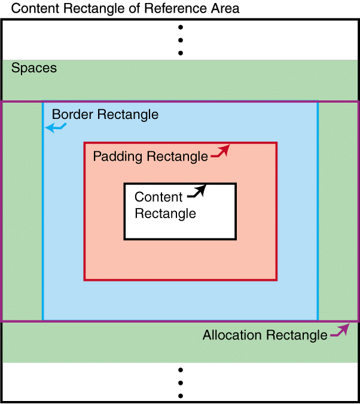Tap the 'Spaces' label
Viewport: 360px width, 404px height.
tap(34, 68)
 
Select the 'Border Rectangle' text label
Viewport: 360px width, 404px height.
tap(105, 114)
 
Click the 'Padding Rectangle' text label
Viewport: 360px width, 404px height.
tap(150, 157)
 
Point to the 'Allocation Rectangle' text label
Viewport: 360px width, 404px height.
tap(264, 335)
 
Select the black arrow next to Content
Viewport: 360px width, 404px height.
tap(197, 192)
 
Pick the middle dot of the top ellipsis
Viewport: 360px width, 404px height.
tap(180, 40)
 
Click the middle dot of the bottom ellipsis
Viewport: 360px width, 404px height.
tap(180, 382)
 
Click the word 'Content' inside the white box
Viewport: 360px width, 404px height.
tap(158, 197)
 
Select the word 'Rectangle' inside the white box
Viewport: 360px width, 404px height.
tap(165, 213)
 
